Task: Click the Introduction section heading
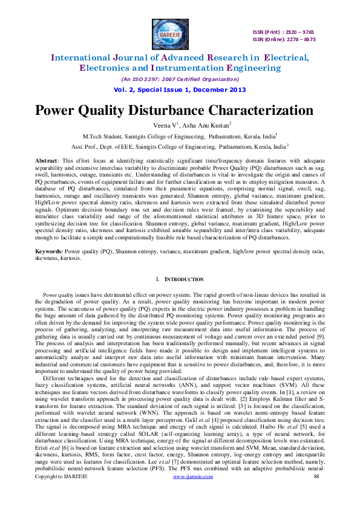pos(182,280)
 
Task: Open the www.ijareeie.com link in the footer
pos(192,494)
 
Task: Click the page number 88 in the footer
pos(316,494)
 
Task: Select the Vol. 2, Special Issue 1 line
pos(180,89)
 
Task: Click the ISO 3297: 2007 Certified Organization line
pos(180,79)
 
